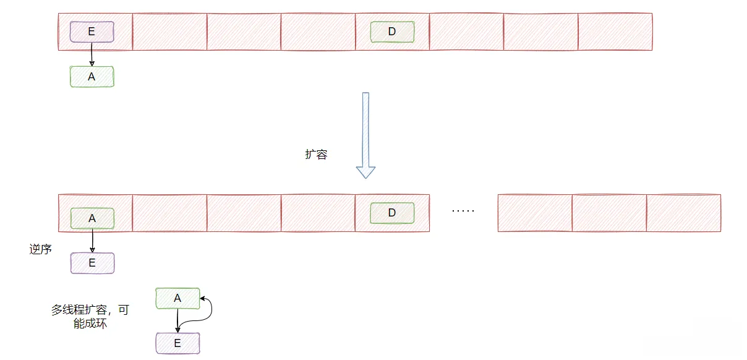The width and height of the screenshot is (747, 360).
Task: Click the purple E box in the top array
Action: [x=92, y=32]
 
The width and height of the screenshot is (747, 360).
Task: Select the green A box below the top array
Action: [x=92, y=77]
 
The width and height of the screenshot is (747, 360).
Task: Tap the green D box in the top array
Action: [x=392, y=32]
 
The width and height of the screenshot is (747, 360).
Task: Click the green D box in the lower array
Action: [x=392, y=213]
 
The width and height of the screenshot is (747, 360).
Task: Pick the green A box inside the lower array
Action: [x=92, y=218]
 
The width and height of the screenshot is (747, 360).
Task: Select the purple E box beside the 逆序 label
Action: [x=92, y=263]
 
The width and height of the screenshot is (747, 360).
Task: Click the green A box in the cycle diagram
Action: [x=177, y=298]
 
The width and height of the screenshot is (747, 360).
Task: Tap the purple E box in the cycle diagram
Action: [x=177, y=343]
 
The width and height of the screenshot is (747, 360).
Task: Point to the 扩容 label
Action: [x=316, y=155]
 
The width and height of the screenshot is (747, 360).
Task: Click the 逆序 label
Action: [x=40, y=250]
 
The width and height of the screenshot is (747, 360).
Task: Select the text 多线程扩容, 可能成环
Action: [x=90, y=316]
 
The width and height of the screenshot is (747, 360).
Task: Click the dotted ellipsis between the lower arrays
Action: [x=463, y=211]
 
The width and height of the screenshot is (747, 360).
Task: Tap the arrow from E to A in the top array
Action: [x=92, y=54]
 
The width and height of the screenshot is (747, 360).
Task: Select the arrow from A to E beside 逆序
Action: [x=92, y=241]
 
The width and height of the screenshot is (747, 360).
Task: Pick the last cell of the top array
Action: [x=615, y=32]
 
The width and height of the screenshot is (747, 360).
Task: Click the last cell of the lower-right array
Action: [x=683, y=213]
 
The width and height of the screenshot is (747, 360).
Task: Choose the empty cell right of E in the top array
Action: [x=169, y=32]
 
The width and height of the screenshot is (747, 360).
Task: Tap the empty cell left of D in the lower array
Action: [x=318, y=213]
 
